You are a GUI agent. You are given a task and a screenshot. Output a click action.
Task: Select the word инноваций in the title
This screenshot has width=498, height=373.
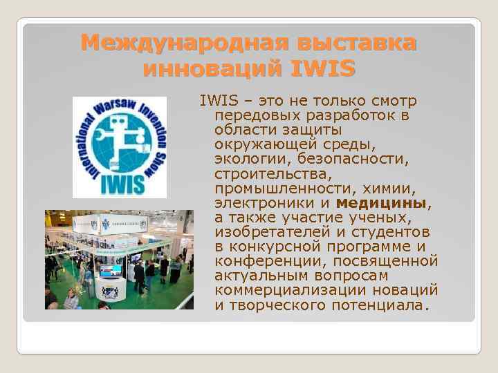pyautogui.click(x=212, y=69)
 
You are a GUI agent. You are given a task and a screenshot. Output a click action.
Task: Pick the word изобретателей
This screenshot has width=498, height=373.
pyautogui.click(x=273, y=233)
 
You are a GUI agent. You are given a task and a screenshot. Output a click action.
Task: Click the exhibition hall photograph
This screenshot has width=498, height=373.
pyautogui.click(x=119, y=259)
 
